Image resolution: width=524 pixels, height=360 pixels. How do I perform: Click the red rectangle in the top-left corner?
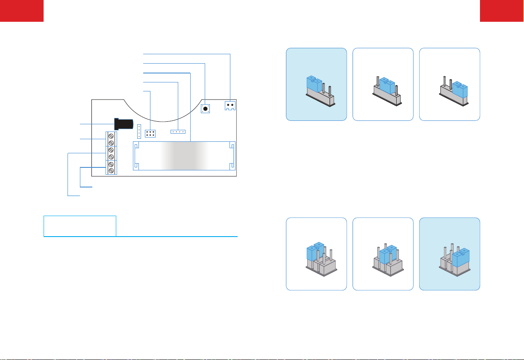[22, 10]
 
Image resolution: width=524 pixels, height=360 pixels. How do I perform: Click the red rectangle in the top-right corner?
[502, 10]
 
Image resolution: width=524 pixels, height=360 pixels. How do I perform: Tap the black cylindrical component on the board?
[124, 124]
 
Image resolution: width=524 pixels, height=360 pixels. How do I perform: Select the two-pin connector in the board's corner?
[230, 105]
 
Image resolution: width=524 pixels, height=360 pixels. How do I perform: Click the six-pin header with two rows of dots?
[150, 133]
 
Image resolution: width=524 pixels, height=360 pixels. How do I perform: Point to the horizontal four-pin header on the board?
[178, 132]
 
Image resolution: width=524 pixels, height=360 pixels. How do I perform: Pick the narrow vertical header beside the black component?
[139, 129]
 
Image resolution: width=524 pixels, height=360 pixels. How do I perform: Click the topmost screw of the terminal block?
[111, 135]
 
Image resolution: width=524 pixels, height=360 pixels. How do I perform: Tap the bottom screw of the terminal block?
[111, 171]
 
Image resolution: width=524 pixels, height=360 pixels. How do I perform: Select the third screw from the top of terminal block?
[111, 150]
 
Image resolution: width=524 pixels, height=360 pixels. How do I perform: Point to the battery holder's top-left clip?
[137, 146]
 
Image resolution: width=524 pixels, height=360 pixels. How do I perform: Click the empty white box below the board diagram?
[80, 226]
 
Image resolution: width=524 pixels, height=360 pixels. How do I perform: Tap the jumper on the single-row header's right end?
[459, 89]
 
